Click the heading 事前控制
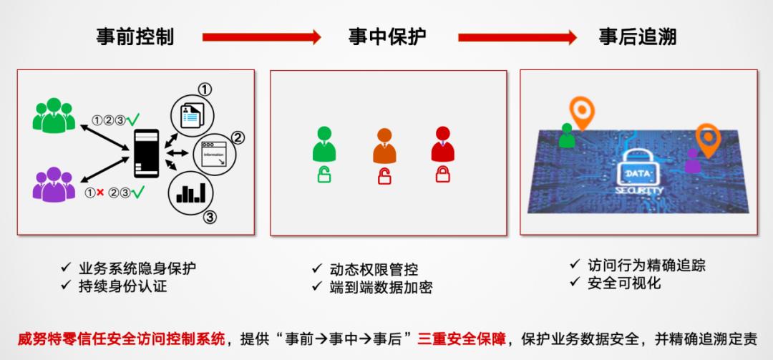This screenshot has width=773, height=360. (135, 37)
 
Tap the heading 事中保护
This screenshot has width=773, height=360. (387, 37)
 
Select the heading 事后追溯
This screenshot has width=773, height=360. (638, 37)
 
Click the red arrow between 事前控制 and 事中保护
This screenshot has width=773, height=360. (261, 37)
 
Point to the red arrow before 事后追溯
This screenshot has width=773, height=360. (517, 37)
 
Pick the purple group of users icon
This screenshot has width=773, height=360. (54, 184)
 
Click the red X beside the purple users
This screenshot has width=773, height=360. (100, 192)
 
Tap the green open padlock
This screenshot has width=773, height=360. (324, 174)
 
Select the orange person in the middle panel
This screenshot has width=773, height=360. (384, 145)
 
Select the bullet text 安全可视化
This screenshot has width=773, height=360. (623, 283)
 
